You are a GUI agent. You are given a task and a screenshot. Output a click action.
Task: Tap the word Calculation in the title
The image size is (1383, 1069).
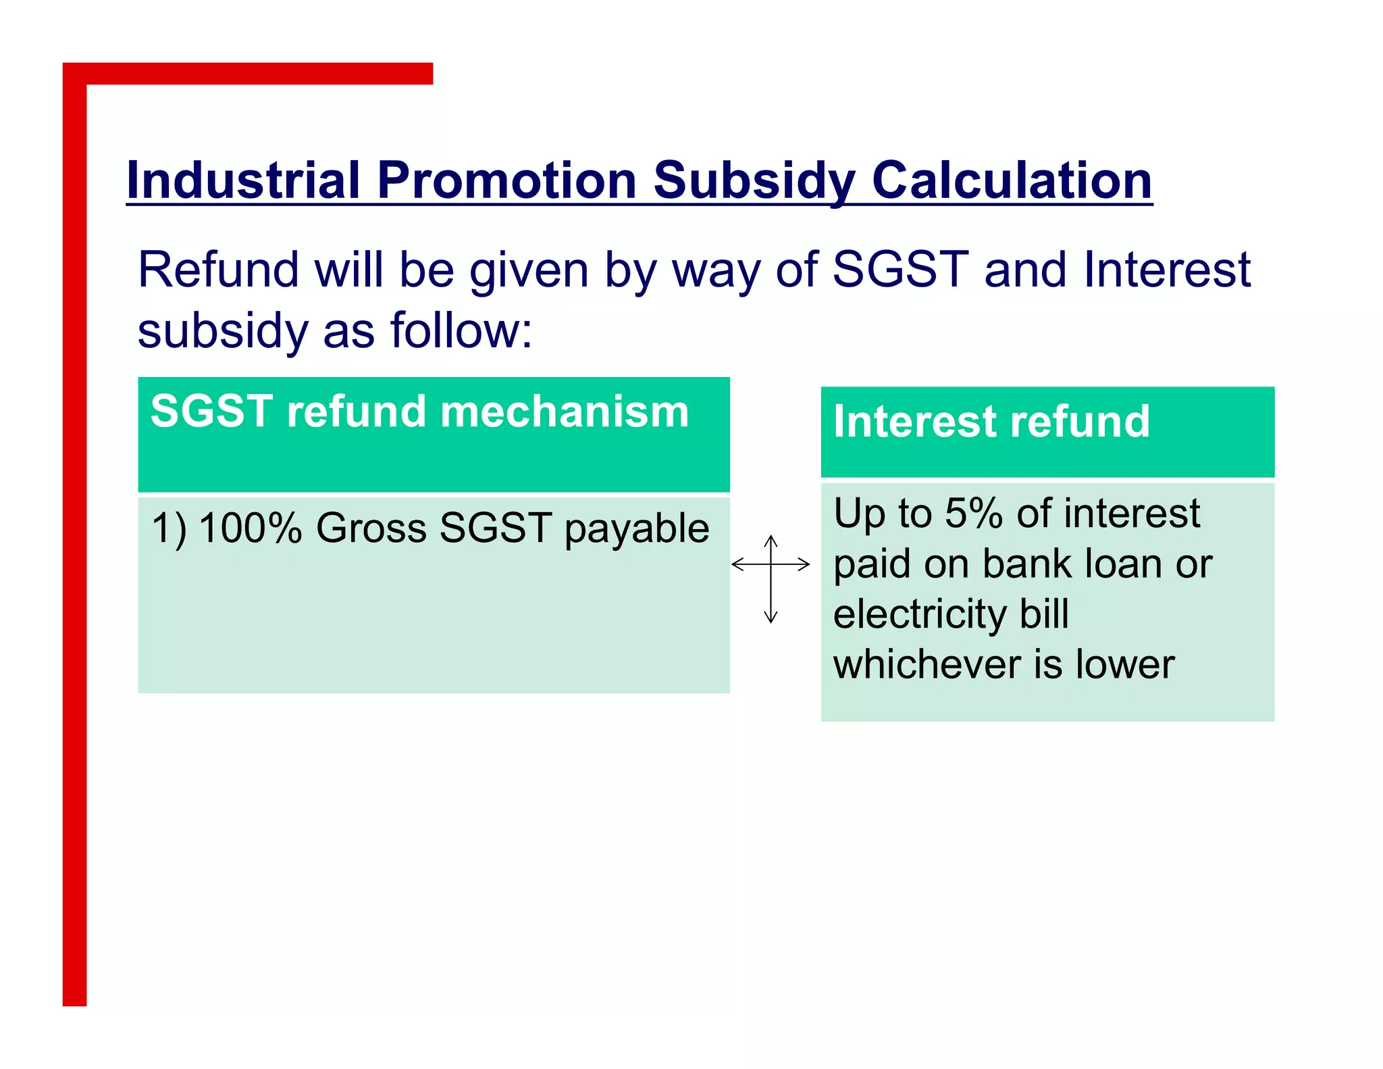tap(1012, 180)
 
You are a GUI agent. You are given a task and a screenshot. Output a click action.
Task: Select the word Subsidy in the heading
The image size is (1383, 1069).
tap(754, 180)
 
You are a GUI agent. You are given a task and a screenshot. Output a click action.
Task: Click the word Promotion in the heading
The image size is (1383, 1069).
tap(506, 180)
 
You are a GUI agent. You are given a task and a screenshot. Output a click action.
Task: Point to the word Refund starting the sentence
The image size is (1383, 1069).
tap(217, 270)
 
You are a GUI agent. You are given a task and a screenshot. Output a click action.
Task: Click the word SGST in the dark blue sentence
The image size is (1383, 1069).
tap(900, 270)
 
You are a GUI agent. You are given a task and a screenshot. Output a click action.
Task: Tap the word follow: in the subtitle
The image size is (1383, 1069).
tap(461, 330)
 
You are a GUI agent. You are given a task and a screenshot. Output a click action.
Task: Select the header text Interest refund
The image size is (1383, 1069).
tap(991, 421)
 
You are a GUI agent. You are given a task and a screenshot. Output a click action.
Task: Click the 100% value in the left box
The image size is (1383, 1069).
tap(250, 528)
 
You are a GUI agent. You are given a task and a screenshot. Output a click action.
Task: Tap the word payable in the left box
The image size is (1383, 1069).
tap(636, 529)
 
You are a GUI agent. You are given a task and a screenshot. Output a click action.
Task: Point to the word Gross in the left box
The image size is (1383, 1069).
tap(371, 528)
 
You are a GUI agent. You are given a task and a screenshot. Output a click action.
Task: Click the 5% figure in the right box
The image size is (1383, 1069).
tap(973, 513)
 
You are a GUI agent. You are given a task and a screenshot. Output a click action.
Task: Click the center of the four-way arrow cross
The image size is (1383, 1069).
tap(771, 564)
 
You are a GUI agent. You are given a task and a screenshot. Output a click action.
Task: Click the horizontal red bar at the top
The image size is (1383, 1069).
tap(257, 74)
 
